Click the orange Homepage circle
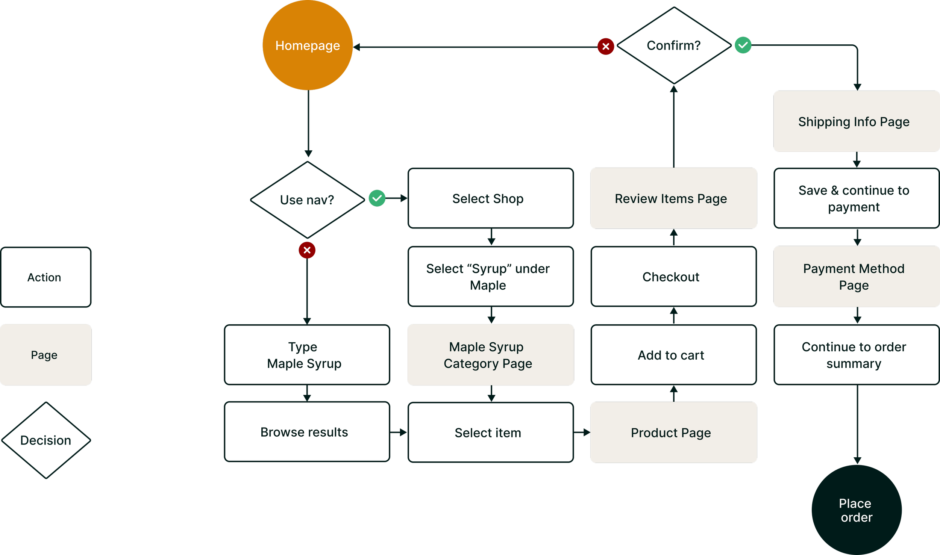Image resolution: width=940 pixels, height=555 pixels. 308,45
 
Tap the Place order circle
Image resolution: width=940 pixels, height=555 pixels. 856,510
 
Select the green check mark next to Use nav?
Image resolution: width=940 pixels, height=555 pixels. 377,198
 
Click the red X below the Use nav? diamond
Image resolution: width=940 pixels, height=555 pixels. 307,250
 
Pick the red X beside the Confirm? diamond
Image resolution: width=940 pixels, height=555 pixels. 606,47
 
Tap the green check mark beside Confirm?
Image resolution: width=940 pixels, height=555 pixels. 743,45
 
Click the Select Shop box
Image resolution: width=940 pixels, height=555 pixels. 490,198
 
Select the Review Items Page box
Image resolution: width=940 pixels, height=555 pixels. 673,198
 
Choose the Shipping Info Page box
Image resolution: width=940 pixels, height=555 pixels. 856,121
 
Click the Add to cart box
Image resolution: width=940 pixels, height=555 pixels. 673,355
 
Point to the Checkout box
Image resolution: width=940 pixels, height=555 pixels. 673,277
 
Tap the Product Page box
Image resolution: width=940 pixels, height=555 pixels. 673,433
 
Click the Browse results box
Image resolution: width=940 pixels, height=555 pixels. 306,432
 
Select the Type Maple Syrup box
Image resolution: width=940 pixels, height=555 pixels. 306,355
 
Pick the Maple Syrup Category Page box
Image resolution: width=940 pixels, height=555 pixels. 490,355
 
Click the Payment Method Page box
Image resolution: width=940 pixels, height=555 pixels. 856,277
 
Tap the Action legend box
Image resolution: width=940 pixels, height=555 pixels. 45,277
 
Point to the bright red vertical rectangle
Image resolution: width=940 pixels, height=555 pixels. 582,350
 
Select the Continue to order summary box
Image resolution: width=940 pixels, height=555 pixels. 856,355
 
